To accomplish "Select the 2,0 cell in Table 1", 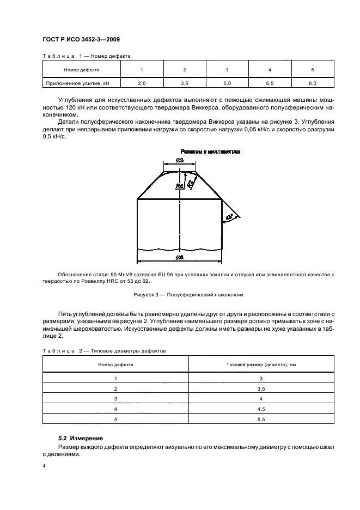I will (142, 83).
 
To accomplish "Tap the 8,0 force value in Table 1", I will (312, 83).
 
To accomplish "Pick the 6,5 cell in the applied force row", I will (270, 83).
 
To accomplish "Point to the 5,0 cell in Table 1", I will (227, 83).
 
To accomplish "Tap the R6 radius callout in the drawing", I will (179, 186).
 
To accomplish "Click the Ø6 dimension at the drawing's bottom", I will (179, 257).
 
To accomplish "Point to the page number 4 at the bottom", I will (44, 467).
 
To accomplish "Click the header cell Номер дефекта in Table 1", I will (81, 70).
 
